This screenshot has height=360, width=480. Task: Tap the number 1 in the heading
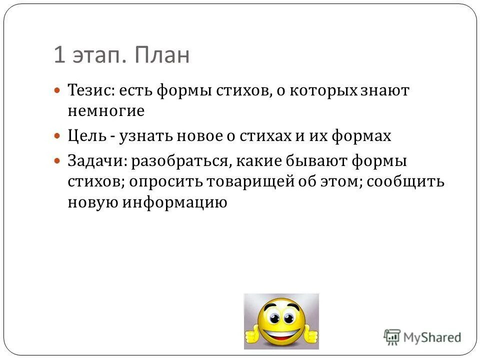click(59, 55)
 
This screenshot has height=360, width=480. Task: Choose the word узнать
click(143, 135)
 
